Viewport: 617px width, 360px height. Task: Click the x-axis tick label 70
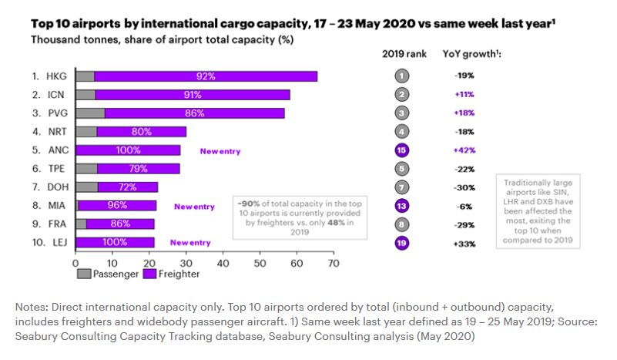click(x=334, y=263)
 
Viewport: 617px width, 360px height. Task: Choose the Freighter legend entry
click(x=174, y=274)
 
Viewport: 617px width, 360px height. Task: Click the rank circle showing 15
click(x=401, y=150)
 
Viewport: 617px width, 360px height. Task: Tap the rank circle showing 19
click(x=401, y=243)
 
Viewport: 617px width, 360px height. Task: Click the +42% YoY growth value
click(x=464, y=150)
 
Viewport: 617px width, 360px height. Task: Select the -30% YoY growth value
click(x=464, y=187)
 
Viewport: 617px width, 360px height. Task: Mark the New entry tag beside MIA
click(x=193, y=207)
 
